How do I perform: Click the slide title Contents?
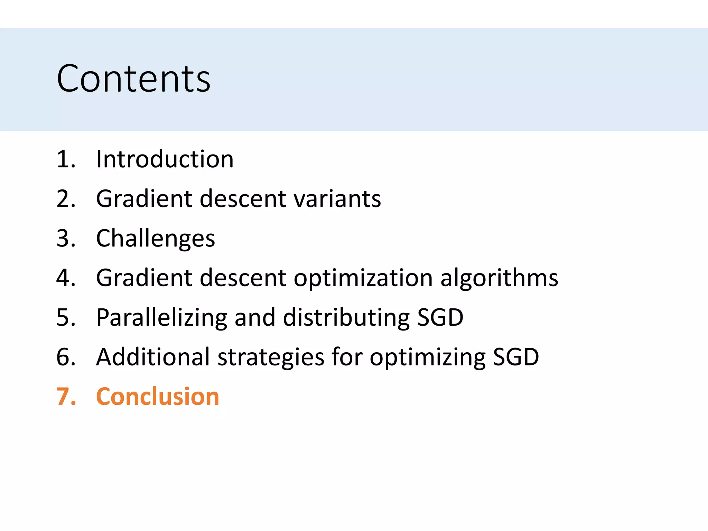tap(133, 79)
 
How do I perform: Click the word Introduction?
tap(165, 159)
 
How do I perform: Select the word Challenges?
tap(156, 239)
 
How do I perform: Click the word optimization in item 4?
tap(363, 278)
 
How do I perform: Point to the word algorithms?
tap(499, 278)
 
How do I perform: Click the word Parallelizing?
tap(161, 318)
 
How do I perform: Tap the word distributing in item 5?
tap(346, 318)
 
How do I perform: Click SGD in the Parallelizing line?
tap(440, 318)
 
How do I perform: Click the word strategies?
tap(271, 357)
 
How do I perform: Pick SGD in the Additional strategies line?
tap(515, 357)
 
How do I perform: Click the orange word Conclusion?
tap(158, 397)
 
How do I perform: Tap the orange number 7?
tap(65, 397)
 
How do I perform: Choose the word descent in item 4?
tap(243, 278)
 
